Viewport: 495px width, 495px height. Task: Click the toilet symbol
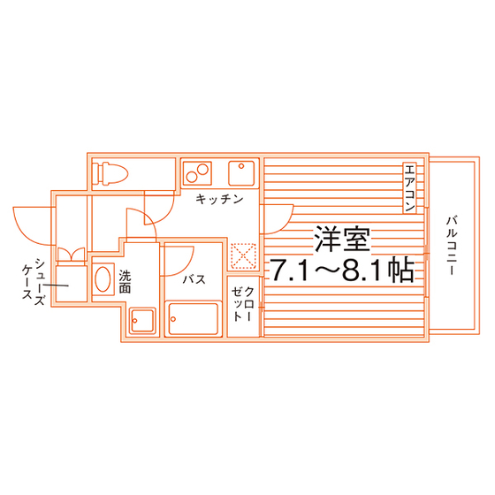(112, 173)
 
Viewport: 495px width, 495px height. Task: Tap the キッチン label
(219, 199)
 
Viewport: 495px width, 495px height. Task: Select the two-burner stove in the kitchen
(196, 173)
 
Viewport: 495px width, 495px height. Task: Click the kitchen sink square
(241, 173)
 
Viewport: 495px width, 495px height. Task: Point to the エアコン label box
(410, 187)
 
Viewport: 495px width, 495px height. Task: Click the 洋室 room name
(342, 239)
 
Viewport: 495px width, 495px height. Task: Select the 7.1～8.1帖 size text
(342, 270)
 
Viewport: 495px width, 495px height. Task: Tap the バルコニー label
(452, 246)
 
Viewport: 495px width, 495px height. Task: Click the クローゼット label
(243, 303)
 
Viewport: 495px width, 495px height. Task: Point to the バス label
(194, 279)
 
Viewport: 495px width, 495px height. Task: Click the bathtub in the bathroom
(194, 318)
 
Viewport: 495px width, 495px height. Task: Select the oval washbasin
(103, 279)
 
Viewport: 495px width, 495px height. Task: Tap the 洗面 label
(125, 282)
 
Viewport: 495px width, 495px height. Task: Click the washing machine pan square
(142, 321)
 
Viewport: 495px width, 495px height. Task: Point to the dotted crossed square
(243, 255)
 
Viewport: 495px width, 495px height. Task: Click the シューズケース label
(34, 283)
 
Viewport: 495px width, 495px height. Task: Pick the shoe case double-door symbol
(72, 255)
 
